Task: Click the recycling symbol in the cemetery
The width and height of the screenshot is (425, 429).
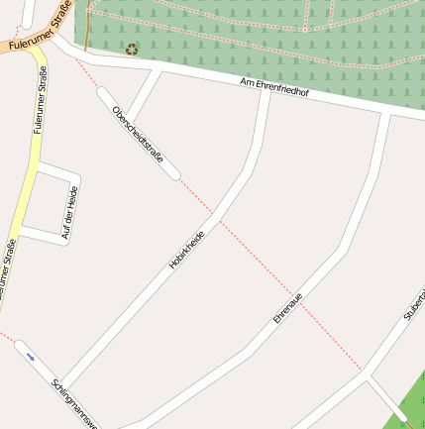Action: click(x=132, y=49)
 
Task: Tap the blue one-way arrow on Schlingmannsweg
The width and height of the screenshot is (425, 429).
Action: click(x=31, y=356)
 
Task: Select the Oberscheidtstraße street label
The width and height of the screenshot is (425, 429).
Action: click(x=138, y=135)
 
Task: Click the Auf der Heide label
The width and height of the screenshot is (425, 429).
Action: click(x=67, y=212)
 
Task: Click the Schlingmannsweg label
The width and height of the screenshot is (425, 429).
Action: click(x=75, y=404)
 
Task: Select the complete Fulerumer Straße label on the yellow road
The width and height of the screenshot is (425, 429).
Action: click(x=39, y=99)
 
